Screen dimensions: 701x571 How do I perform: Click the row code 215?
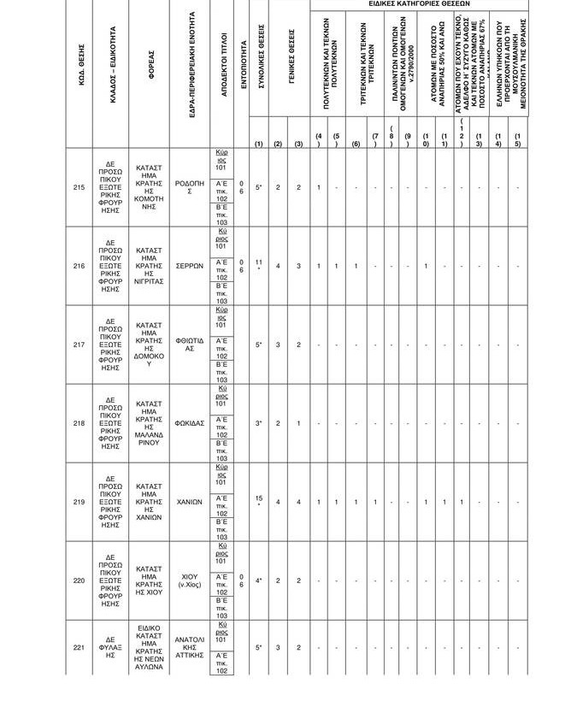(x=79, y=188)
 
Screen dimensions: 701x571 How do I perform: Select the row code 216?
(x=79, y=266)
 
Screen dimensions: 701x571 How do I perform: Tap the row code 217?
(x=79, y=345)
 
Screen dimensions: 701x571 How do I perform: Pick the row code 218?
(x=79, y=423)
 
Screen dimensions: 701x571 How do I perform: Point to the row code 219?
(x=79, y=502)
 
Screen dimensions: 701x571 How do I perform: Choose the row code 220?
(x=79, y=580)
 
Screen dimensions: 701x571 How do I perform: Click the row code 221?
(x=79, y=648)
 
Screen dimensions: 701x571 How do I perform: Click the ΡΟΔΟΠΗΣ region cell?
(x=190, y=188)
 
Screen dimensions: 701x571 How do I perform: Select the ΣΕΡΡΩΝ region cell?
(x=190, y=266)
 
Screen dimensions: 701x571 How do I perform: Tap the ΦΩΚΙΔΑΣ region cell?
(x=190, y=423)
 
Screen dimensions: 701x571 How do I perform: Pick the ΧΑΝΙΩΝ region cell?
(x=190, y=502)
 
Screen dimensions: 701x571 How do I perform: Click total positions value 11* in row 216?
(x=257, y=266)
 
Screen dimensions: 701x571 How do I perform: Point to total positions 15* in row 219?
(x=257, y=502)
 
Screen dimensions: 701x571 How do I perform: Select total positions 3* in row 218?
(x=257, y=423)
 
